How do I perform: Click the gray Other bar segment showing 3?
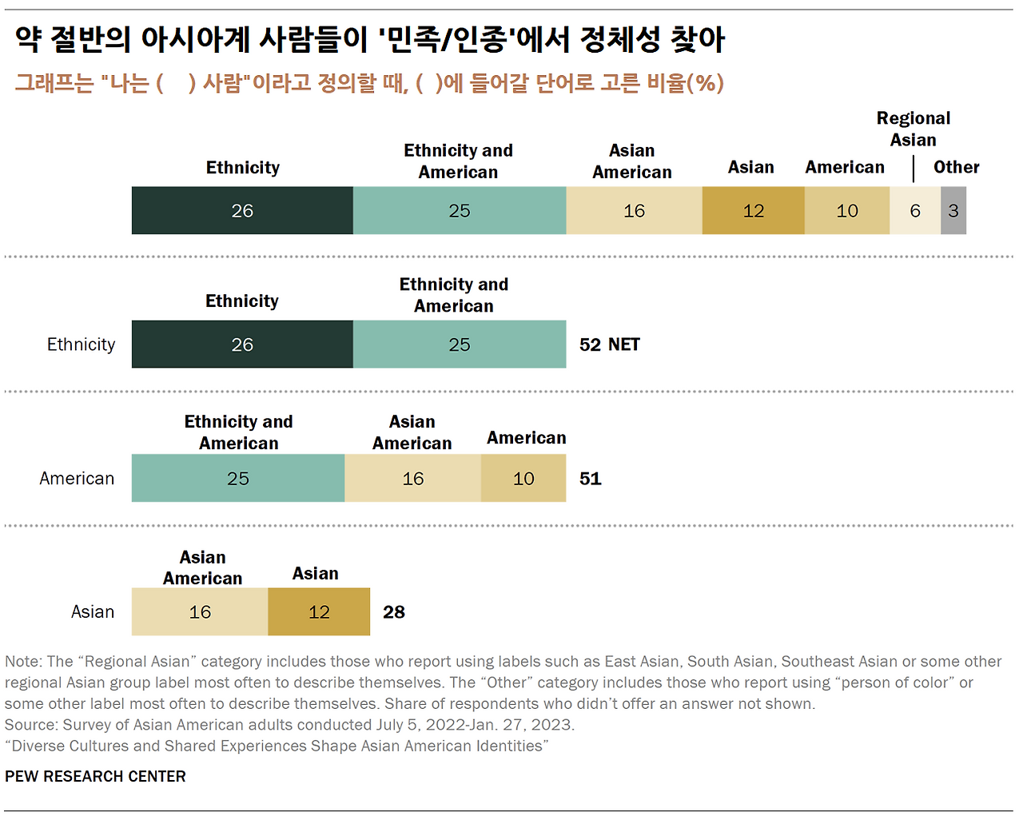(953, 211)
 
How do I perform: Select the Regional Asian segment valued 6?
(915, 211)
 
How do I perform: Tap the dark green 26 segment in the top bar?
(242, 211)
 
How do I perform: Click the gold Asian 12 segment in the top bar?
(753, 211)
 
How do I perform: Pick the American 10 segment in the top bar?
(846, 211)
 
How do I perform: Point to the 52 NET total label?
(609, 344)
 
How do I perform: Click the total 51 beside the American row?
(590, 479)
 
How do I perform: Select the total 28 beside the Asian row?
(393, 612)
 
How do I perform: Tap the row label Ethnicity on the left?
(81, 344)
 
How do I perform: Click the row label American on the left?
(77, 479)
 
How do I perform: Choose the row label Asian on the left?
(92, 612)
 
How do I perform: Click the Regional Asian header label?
(913, 129)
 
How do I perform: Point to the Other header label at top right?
(956, 168)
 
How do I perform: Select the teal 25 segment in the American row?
(237, 479)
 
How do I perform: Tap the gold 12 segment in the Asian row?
(319, 612)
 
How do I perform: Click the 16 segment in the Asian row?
(200, 612)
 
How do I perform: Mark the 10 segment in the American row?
(523, 479)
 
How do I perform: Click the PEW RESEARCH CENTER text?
(95, 777)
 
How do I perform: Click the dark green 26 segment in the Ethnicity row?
(242, 344)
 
